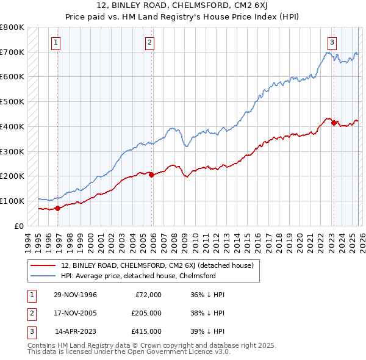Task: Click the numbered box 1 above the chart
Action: pos(56,42)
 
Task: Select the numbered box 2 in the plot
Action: pos(149,42)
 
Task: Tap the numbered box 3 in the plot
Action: pos(332,42)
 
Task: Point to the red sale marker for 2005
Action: pos(152,175)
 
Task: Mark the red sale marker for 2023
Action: pos(334,123)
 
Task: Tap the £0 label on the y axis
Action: pos(18,226)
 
